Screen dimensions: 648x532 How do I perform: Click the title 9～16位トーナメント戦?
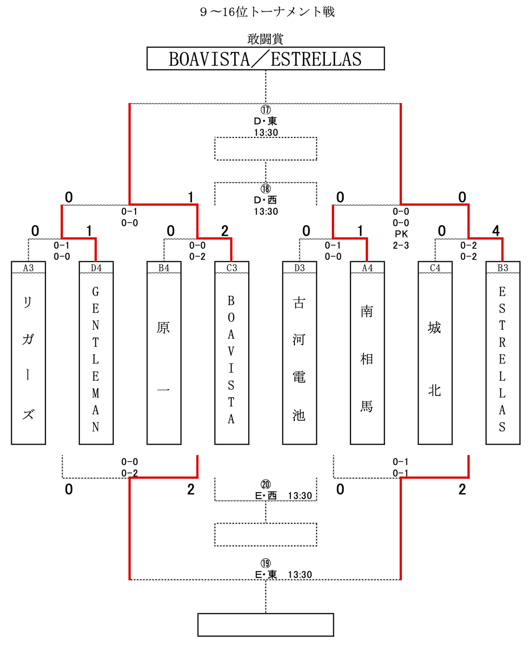(267, 12)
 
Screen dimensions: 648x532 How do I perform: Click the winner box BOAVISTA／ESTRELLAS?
(265, 59)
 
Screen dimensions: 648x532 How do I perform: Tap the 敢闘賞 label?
(265, 39)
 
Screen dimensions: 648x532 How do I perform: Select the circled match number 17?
(266, 110)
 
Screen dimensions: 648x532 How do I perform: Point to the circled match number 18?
(266, 189)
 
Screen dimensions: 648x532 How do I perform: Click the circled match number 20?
(266, 484)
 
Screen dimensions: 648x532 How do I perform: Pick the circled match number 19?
(266, 563)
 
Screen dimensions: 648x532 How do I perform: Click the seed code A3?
(28, 268)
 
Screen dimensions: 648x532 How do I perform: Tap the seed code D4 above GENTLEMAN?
(96, 268)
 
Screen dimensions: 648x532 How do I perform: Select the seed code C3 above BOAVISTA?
(232, 268)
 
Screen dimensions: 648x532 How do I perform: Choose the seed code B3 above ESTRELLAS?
(503, 268)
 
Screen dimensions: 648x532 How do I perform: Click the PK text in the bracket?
(401, 234)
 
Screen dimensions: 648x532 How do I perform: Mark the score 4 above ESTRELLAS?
(496, 231)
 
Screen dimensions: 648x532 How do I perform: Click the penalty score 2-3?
(401, 245)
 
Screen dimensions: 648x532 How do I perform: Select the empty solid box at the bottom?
(266, 625)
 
